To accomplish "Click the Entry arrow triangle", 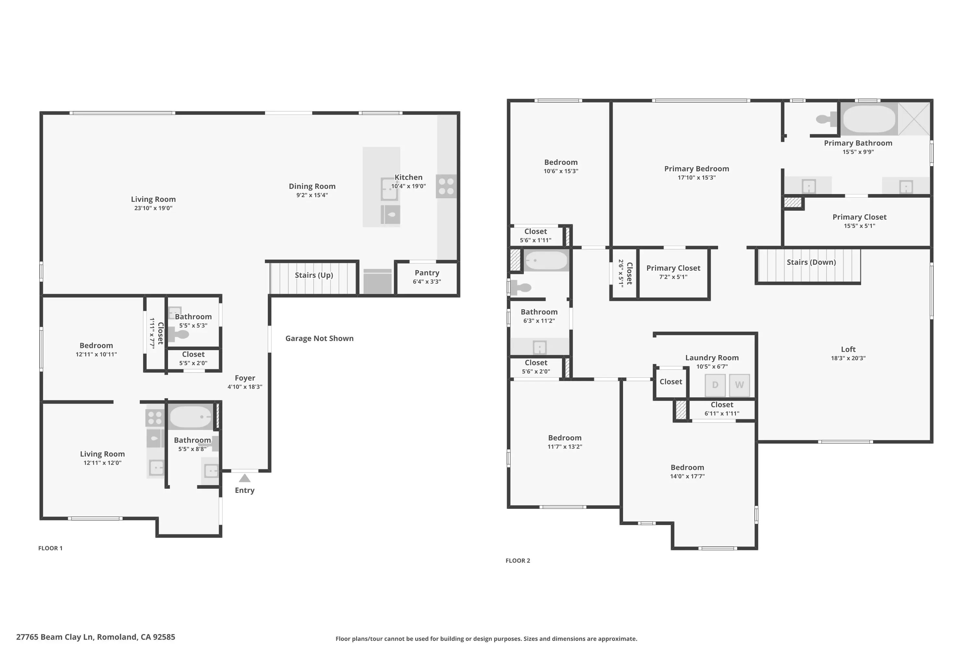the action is click(245, 478).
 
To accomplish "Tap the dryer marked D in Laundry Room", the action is click(715, 385).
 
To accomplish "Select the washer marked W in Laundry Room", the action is click(739, 385).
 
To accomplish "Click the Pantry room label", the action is click(427, 273).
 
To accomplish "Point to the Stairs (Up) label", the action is click(314, 275).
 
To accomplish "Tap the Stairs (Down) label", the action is click(811, 262).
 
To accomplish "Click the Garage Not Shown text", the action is click(319, 338).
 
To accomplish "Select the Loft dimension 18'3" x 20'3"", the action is click(848, 358).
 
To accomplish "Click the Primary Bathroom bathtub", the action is click(869, 119).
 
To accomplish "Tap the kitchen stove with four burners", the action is click(446, 186).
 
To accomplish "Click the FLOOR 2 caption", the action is click(518, 560).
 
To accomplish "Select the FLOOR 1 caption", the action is click(51, 548).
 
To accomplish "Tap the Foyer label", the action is click(245, 378).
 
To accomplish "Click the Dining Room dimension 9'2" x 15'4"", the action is click(312, 195).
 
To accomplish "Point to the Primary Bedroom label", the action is click(697, 168).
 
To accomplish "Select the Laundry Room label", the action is click(712, 358).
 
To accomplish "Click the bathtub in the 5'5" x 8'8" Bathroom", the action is click(191, 416).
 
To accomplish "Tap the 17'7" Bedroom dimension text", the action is click(687, 476).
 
